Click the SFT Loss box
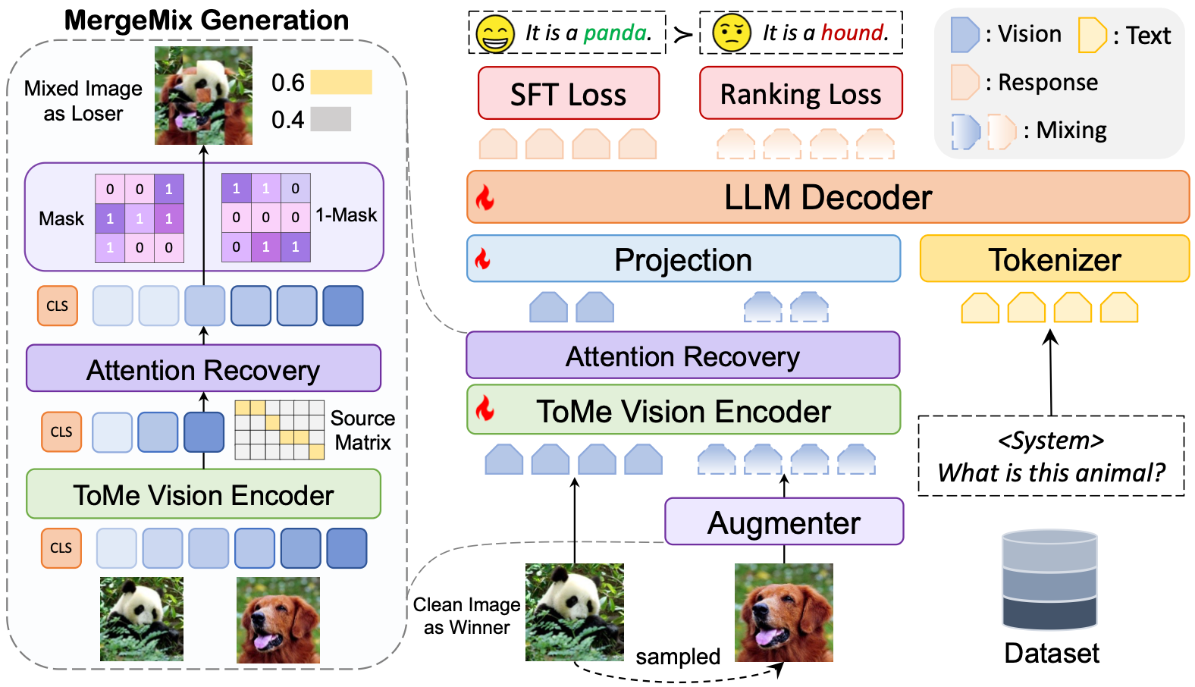pos(568,93)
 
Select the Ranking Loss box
pos(801,93)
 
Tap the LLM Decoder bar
pos(827,197)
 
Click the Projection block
pos(682,259)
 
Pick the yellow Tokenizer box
pos(1054,259)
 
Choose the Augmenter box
pos(783,522)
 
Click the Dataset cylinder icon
pos(1049,579)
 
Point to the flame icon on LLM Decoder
pos(485,198)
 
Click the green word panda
pos(616,33)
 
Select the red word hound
pos(854,33)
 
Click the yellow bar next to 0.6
pos(341,82)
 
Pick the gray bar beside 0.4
pos(331,119)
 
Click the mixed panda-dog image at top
pos(203,96)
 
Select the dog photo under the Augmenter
pos(783,612)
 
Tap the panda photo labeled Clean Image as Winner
pos(575,612)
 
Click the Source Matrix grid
pos(279,430)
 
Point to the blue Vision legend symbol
pos(964,35)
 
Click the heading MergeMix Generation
pos(206,20)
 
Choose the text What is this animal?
pos(1051,472)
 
